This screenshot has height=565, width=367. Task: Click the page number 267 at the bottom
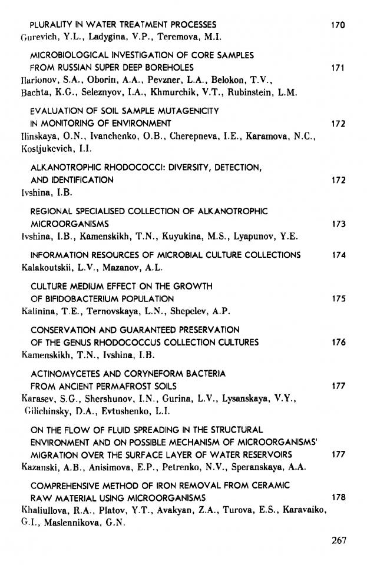pos(338,541)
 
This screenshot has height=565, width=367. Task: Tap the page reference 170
pos(338,25)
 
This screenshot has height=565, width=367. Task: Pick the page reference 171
pos(338,68)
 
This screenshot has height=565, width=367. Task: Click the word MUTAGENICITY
pos(187,111)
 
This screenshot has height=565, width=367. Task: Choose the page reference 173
pos(338,224)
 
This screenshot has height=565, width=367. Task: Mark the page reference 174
pos(338,255)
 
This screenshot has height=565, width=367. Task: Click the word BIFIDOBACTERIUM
pos(79,298)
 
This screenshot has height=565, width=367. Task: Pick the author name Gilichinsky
pos(48,411)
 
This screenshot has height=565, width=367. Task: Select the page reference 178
pos(338,497)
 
